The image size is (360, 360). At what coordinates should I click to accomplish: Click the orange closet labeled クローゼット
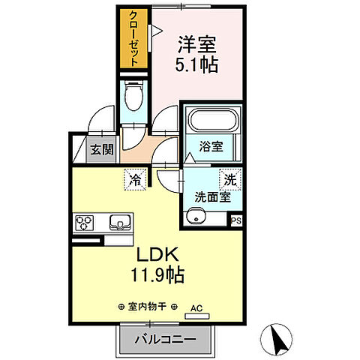tap(133, 40)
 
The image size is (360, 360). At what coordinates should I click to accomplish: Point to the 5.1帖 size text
tap(198, 64)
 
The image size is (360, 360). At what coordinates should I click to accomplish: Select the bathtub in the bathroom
tap(213, 121)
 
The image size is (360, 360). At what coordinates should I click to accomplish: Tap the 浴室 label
tap(211, 147)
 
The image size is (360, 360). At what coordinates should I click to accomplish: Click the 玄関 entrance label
tap(102, 149)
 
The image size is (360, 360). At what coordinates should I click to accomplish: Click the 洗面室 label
tap(211, 198)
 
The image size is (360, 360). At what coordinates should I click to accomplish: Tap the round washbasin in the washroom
tap(196, 218)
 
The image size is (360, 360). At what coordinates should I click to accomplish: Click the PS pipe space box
tap(236, 220)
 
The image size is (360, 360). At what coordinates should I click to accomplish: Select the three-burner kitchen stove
tap(83, 223)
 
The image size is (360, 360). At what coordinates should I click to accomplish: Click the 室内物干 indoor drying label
tap(148, 306)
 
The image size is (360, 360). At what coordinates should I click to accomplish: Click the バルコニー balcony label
tap(165, 340)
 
